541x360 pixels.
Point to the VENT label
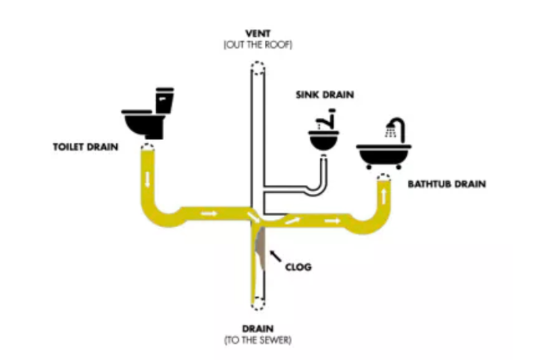[258, 33]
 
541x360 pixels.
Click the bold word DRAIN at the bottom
[258, 328]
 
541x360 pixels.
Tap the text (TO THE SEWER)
[258, 340]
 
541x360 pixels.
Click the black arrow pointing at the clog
[276, 255]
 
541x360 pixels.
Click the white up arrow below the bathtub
[385, 196]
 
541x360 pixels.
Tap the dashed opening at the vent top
[257, 68]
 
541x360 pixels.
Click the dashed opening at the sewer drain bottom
[257, 303]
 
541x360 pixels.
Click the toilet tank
[164, 100]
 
